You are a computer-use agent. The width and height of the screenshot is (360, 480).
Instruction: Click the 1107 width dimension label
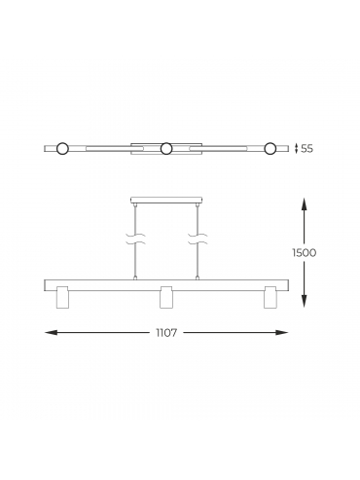166,333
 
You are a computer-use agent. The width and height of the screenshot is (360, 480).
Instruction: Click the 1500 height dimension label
304,253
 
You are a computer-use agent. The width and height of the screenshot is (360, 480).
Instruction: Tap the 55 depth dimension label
307,149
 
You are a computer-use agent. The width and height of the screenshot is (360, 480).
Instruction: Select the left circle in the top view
62,149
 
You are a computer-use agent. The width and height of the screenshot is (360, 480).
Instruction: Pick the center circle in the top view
166,149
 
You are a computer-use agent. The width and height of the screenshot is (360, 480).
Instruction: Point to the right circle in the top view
270,149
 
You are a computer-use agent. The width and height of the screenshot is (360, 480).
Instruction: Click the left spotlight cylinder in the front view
62,297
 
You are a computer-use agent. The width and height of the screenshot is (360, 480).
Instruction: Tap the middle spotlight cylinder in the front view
166,297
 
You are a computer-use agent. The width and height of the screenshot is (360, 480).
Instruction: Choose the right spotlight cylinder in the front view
270,297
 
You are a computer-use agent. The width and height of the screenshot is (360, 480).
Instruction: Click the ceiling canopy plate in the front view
166,201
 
